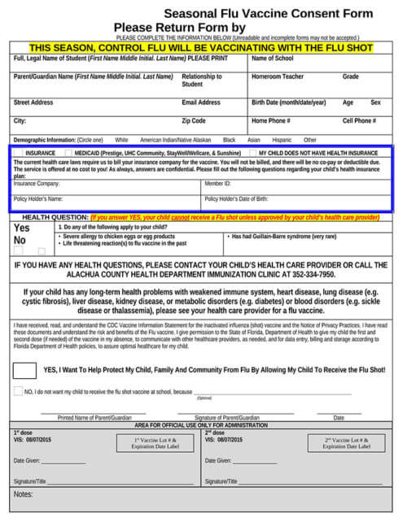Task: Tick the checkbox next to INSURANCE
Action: [x=19, y=153]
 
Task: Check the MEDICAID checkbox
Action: [x=70, y=153]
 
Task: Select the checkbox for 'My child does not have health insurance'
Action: [x=253, y=153]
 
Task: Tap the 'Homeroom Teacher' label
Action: [x=278, y=76]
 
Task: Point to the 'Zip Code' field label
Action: [x=194, y=120]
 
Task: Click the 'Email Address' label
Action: [x=201, y=102]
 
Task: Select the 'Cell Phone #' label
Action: [x=359, y=120]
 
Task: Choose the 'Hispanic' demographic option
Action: [x=282, y=140]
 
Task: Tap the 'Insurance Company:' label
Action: [x=37, y=184]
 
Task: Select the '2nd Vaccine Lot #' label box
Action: [x=345, y=443]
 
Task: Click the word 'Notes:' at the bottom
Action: [x=23, y=494]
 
